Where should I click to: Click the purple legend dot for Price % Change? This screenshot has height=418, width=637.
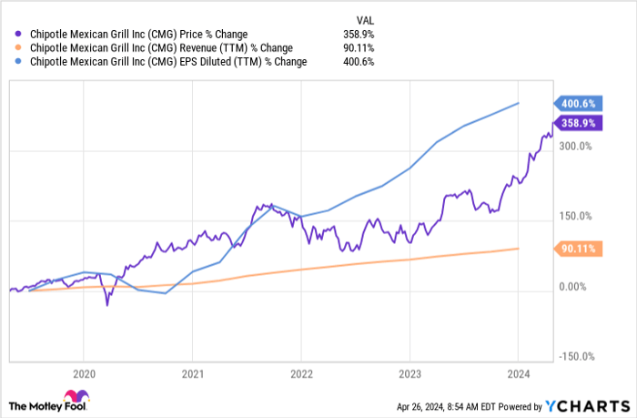click(11, 35)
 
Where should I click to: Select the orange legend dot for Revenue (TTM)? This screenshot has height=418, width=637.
click(11, 48)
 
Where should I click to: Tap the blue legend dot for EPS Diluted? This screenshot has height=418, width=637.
click(11, 62)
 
